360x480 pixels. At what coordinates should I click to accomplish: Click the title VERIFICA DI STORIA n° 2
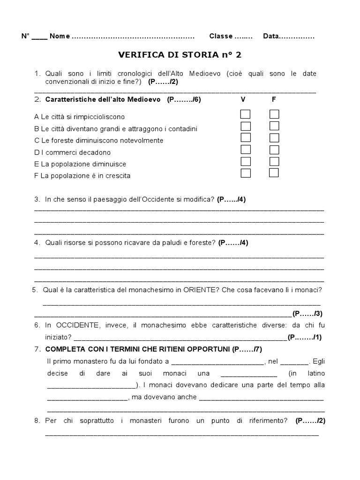[x=180, y=55]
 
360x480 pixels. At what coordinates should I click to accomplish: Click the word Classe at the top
[x=221, y=37]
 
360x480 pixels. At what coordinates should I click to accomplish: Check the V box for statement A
[x=245, y=114]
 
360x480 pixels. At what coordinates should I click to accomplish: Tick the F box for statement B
[x=274, y=126]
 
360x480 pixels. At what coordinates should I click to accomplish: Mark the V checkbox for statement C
[x=245, y=138]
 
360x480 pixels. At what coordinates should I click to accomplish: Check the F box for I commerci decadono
[x=274, y=150]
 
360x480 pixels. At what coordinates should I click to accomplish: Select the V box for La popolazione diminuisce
[x=245, y=161]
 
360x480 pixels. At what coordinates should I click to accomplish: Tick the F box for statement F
[x=274, y=173]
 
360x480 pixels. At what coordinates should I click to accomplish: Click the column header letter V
[x=243, y=99]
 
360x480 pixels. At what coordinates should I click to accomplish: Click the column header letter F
[x=274, y=99]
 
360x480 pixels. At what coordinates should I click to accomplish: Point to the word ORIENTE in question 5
[x=197, y=290]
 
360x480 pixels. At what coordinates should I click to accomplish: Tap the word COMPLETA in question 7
[x=65, y=350]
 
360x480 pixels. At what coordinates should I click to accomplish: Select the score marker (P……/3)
[x=307, y=314]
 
